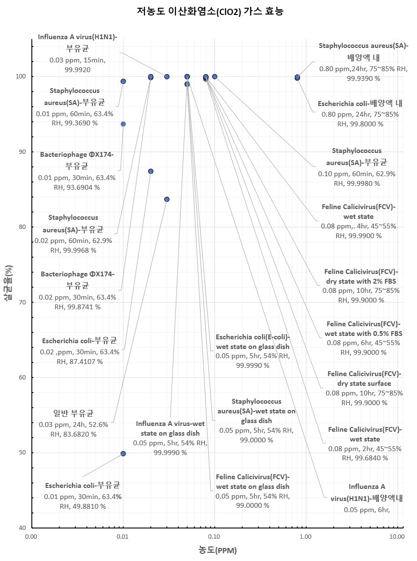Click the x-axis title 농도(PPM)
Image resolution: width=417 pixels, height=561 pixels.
point(217,550)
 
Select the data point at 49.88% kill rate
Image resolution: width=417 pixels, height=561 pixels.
point(123,454)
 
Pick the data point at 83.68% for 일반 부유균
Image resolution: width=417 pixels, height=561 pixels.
point(167,199)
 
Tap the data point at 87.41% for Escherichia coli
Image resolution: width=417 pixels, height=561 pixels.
point(151,171)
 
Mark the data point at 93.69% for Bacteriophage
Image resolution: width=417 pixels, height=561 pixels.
point(123,124)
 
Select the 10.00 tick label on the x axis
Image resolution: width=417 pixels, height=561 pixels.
point(397,536)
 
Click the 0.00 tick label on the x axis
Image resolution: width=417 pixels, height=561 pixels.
point(31,536)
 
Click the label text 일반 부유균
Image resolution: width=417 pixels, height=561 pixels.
point(73,414)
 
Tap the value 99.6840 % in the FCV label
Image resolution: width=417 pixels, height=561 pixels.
point(365,457)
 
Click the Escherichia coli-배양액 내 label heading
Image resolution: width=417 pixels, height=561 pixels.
point(360,103)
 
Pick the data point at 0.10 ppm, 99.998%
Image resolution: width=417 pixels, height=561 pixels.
point(215,76)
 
